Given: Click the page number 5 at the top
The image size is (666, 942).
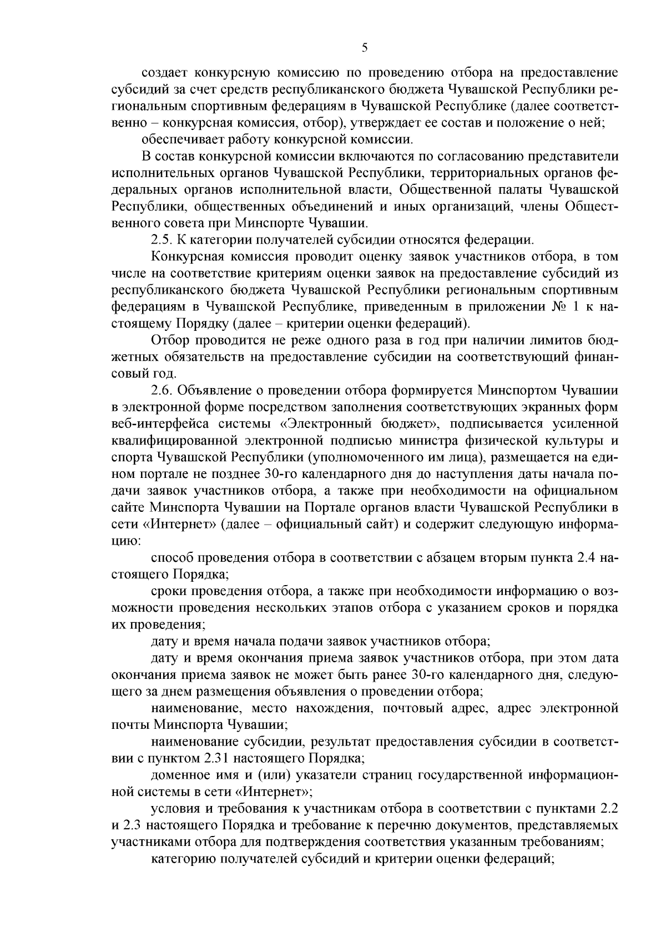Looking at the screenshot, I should pyautogui.click(x=364, y=48).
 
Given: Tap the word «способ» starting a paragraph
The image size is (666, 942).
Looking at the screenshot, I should pyautogui.click(x=170, y=557).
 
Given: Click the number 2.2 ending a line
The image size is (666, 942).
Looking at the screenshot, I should pyautogui.click(x=609, y=825).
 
